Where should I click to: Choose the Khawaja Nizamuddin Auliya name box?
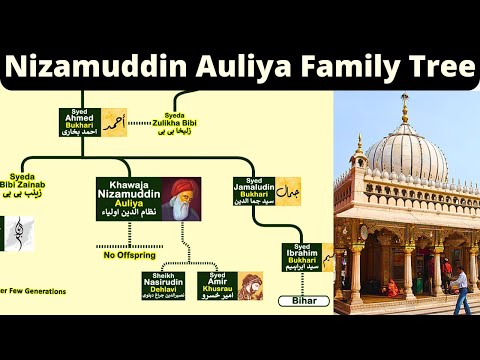pos(127,198)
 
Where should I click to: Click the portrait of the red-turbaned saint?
pos(179,198)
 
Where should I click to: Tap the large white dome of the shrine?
pos(404,150)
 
